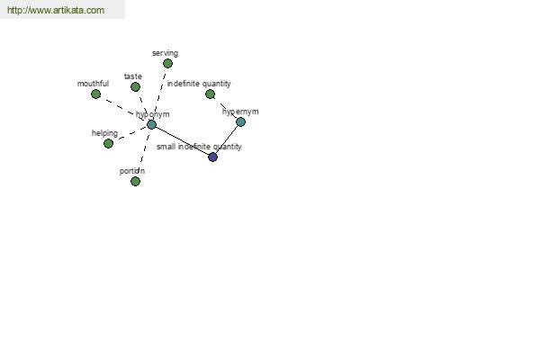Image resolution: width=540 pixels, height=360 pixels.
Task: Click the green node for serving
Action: [167, 63]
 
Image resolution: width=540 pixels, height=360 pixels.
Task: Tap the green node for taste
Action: [135, 86]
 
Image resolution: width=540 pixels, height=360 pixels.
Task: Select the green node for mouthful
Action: [95, 94]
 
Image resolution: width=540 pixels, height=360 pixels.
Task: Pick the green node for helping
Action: [109, 143]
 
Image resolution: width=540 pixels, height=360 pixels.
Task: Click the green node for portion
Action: [135, 181]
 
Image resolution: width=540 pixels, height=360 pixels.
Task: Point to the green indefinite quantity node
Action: [210, 94]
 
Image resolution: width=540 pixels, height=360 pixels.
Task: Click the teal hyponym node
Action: [151, 124]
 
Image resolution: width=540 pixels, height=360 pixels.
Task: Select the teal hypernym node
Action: [240, 122]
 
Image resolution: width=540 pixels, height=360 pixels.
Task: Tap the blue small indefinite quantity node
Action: [212, 157]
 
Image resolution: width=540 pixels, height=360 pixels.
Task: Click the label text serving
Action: [165, 53]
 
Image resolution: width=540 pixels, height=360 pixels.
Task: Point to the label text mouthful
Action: [93, 84]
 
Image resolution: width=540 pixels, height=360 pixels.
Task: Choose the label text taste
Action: [133, 76]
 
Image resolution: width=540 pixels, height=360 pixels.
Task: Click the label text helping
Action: [104, 133]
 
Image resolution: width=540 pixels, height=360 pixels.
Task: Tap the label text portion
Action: [132, 171]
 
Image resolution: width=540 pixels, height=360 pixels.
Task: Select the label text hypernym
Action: [240, 112]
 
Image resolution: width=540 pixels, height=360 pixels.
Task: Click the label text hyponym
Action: [153, 114]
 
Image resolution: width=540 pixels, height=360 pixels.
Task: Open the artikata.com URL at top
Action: [56, 10]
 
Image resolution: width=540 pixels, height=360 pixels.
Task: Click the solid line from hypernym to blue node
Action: [227, 139]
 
